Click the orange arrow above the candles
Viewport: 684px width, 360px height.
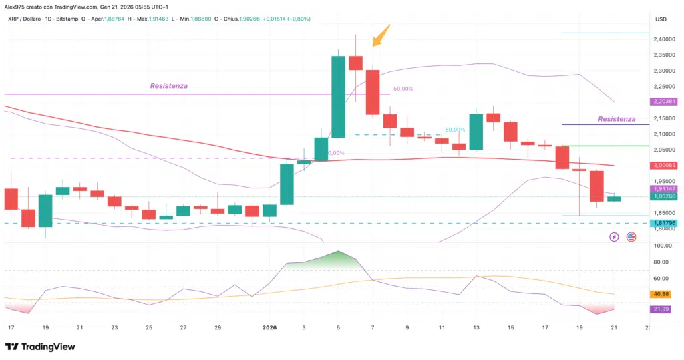[380, 35]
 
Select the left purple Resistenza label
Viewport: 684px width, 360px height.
[168, 86]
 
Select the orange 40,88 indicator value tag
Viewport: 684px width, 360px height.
[661, 294]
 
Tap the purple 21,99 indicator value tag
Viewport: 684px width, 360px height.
[661, 309]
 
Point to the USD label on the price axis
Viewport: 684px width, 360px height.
[661, 19]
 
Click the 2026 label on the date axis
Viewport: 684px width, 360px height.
[270, 328]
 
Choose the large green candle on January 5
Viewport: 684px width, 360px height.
[339, 97]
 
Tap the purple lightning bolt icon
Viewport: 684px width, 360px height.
[614, 237]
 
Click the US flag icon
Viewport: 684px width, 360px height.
[631, 237]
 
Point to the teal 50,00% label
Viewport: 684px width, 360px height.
[455, 130]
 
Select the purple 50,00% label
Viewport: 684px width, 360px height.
[403, 89]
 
